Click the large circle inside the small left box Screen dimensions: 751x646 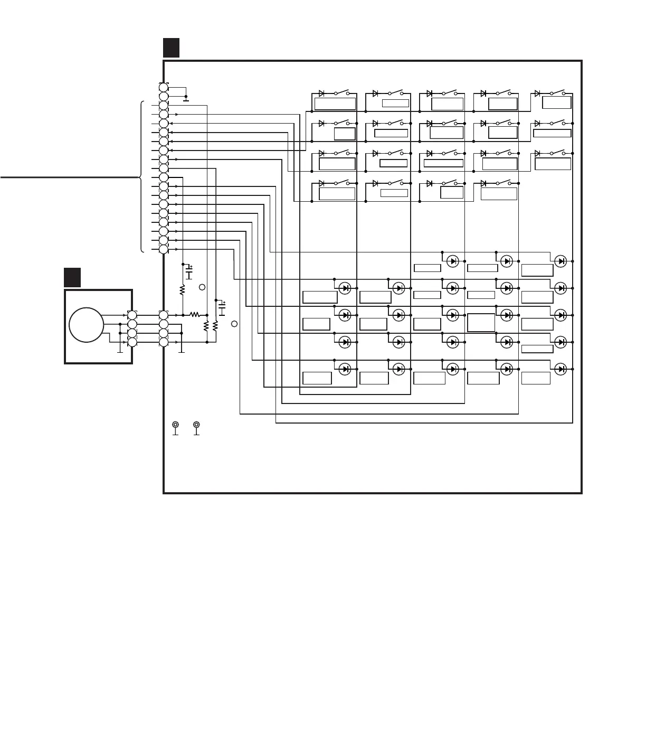coord(86,325)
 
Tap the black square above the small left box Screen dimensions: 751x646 coord(72,277)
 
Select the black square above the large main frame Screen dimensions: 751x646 coord(171,47)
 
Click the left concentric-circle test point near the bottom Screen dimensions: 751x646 coord(176,425)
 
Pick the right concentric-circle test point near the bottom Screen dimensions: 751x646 coord(196,425)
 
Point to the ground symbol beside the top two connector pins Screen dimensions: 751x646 coord(186,98)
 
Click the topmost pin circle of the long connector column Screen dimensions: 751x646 coord(164,88)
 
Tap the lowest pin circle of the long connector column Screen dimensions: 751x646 coord(164,249)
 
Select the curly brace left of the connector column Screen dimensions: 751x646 coord(141,177)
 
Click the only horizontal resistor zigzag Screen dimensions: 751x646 coord(194,314)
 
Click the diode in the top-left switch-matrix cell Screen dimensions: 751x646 coord(321,93)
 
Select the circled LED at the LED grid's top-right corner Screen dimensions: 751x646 coord(560,261)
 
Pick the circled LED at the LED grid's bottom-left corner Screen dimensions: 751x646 coord(345,369)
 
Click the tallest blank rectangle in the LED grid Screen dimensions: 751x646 coord(481,322)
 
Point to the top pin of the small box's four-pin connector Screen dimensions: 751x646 coord(132,315)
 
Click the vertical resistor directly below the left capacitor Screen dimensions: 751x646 coord(182,290)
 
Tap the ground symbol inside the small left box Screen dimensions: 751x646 coord(120,349)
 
